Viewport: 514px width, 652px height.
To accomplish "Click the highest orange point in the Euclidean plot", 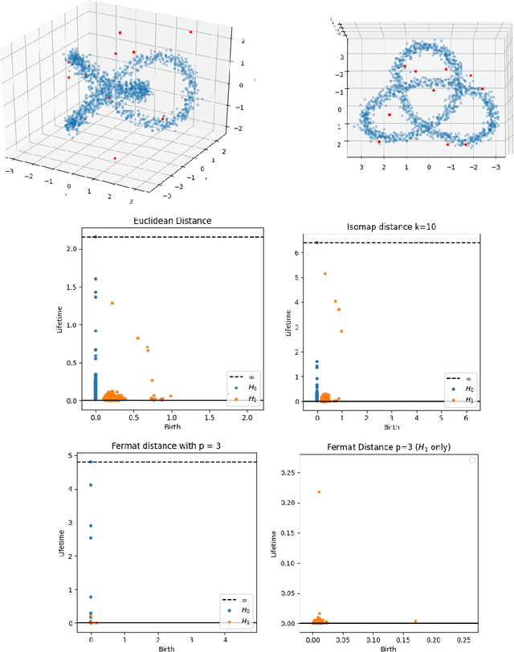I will pyautogui.click(x=112, y=303).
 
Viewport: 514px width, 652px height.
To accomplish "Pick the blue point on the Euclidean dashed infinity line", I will pyautogui.click(x=96, y=237).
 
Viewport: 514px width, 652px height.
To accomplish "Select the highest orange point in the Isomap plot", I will pyautogui.click(x=325, y=274).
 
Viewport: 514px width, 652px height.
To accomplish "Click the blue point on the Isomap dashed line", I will pyautogui.click(x=316, y=242).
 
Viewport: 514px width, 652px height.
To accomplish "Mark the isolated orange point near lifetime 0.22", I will pyautogui.click(x=319, y=491).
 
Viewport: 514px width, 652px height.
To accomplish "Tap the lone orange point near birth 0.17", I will pyautogui.click(x=415, y=621).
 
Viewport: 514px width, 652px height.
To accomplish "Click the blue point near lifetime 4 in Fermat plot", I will pyautogui.click(x=91, y=485).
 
